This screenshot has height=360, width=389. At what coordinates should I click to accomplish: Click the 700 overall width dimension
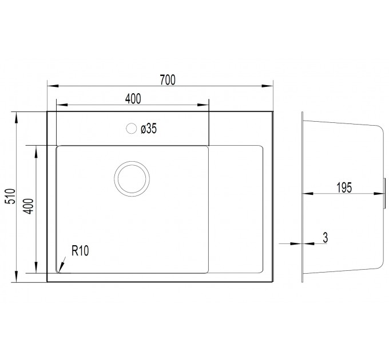[x=168, y=80]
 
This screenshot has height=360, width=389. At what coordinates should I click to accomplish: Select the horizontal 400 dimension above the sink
[x=133, y=99]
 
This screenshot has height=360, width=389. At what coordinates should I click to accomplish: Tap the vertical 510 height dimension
[x=11, y=196]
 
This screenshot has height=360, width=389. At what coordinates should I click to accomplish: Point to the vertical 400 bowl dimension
[x=29, y=206]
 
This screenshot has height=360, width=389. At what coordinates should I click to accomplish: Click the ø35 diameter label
[x=149, y=129]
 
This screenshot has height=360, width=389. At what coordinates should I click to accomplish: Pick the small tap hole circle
[x=131, y=129]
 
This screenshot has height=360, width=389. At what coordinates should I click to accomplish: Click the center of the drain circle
[x=132, y=179]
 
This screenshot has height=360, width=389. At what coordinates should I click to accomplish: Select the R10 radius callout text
[x=80, y=250]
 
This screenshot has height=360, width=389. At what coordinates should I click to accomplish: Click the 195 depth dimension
[x=344, y=187]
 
